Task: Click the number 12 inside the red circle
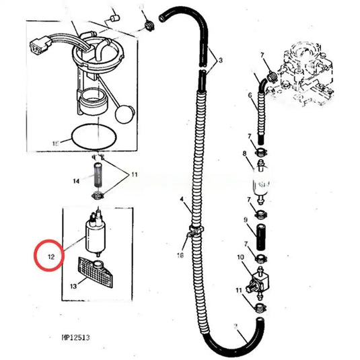point(50,256)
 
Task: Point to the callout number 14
point(76,181)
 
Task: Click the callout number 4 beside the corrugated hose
point(181,201)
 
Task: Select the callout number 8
point(245,154)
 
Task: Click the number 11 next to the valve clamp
point(239,290)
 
